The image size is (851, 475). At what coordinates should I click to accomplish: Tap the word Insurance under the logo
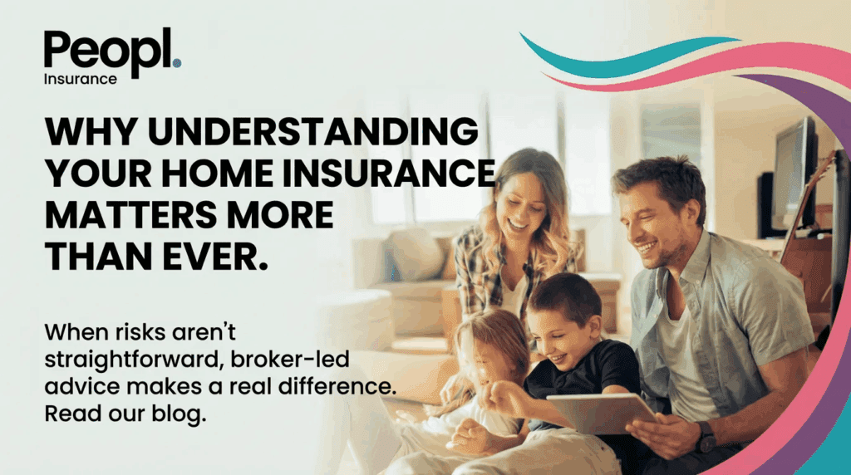81,79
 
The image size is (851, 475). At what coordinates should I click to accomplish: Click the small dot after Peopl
177,63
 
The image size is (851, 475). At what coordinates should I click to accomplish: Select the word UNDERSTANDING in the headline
313,131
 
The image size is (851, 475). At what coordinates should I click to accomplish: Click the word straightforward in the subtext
133,360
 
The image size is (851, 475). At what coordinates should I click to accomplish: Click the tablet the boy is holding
602,413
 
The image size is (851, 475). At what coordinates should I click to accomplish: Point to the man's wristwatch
706,437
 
